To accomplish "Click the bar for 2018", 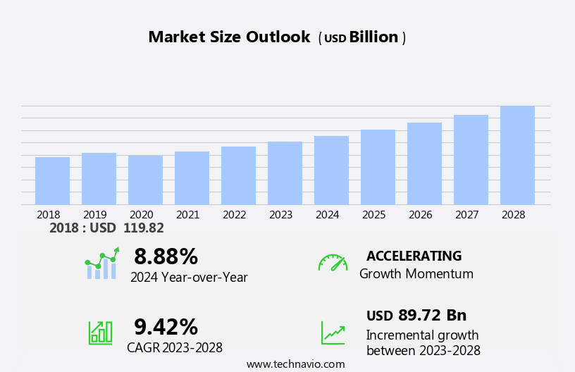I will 52,181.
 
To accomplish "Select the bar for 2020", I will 145,180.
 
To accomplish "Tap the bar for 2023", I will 285,173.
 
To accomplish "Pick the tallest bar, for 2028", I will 517,156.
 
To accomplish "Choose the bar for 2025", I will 378,168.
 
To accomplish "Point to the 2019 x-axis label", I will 95,215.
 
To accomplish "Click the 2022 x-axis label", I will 235,215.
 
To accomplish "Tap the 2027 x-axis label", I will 467,215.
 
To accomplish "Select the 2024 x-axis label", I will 328,215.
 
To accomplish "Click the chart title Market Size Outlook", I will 229,37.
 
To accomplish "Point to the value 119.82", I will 143,228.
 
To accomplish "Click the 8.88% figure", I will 166,256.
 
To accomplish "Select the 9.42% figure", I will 166,327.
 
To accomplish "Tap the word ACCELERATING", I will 414,256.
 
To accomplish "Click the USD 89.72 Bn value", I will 416,316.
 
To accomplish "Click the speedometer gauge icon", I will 333,263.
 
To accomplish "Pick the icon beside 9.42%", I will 100,332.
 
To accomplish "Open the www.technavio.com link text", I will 295,364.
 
